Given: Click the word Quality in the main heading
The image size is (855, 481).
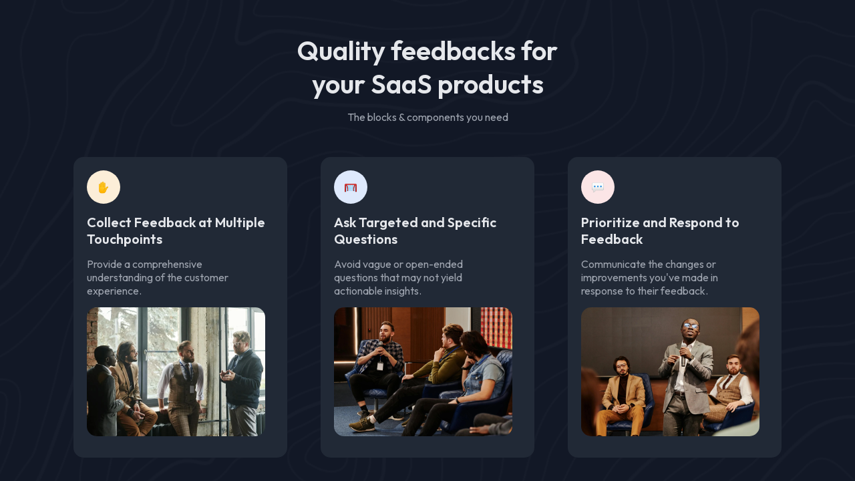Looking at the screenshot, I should pos(340,52).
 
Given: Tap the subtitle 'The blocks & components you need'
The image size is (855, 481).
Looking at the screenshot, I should pos(427,118).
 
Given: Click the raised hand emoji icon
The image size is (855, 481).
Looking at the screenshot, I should pos(104,187).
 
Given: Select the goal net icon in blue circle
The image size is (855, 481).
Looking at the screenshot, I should pos(351,187).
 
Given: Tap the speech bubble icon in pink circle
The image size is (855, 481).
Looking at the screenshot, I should pos(598,187).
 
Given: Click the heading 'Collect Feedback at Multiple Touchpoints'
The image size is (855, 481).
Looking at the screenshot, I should pos(176,230).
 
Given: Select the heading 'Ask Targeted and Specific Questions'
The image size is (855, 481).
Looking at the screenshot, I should pos(415,230).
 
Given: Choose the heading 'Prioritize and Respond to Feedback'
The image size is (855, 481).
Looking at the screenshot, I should pos(660,230).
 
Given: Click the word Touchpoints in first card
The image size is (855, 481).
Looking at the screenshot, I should pos(124,239).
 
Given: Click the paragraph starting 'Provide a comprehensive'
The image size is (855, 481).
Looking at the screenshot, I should pos(158,277).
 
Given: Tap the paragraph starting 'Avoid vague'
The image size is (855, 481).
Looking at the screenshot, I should pos(399,277).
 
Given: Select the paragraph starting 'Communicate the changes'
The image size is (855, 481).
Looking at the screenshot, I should pos(649,277).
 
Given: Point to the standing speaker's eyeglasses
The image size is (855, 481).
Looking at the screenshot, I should pos(691,327).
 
